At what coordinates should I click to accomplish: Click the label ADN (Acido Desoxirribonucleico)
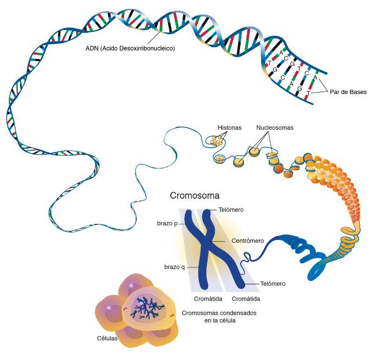(x=130, y=48)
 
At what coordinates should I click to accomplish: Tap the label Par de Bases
(x=348, y=92)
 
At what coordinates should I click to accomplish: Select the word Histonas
(x=230, y=128)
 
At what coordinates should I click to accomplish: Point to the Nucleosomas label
(x=275, y=128)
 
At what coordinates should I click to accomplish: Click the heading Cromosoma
(x=195, y=195)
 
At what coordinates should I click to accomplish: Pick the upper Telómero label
(x=231, y=210)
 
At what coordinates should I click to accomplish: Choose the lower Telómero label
(x=272, y=283)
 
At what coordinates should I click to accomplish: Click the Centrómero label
(x=248, y=241)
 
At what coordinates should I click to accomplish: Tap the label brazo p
(x=167, y=223)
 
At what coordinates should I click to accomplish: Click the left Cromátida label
(x=205, y=298)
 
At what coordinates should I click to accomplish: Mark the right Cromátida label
(x=246, y=298)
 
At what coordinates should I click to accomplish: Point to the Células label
(x=107, y=338)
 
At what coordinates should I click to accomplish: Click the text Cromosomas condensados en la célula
(x=216, y=317)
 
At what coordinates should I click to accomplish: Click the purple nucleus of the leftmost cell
(x=109, y=308)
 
